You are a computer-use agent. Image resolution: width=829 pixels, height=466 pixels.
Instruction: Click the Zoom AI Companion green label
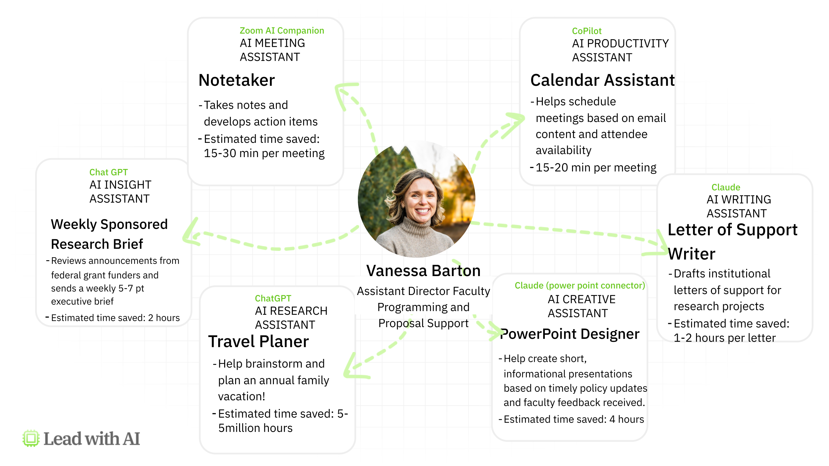[x=282, y=30]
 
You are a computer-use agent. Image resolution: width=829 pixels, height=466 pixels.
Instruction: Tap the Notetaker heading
[x=237, y=80]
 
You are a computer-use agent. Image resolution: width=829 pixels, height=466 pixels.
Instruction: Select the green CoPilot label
[x=587, y=31]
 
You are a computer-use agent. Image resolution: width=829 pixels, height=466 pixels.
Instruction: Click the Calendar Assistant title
[x=603, y=80]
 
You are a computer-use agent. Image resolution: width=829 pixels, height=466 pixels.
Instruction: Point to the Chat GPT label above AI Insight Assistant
[x=108, y=172]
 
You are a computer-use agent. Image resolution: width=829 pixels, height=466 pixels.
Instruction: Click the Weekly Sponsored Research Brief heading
[x=109, y=234]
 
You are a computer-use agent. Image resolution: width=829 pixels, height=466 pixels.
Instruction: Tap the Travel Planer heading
[x=259, y=341]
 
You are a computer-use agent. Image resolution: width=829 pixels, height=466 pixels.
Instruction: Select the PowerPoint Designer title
[x=570, y=334]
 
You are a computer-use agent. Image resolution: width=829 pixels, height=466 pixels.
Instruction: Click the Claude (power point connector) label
[x=580, y=285]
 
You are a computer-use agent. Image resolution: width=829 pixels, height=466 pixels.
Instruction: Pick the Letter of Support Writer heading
[x=733, y=242]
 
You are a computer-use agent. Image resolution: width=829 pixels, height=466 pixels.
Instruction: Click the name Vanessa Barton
[x=423, y=270]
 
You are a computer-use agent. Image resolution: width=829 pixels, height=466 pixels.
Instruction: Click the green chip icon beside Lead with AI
[x=31, y=438]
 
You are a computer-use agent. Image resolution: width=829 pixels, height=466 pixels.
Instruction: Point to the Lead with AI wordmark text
[x=92, y=439]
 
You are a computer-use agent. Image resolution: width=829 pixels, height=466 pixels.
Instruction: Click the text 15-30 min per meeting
[x=264, y=153]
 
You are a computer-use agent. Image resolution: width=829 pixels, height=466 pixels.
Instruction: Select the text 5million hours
[x=255, y=428]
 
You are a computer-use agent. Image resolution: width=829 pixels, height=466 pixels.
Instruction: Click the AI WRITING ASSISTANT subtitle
[x=739, y=206]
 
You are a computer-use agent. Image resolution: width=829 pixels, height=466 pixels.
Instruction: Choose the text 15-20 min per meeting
[x=596, y=168]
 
